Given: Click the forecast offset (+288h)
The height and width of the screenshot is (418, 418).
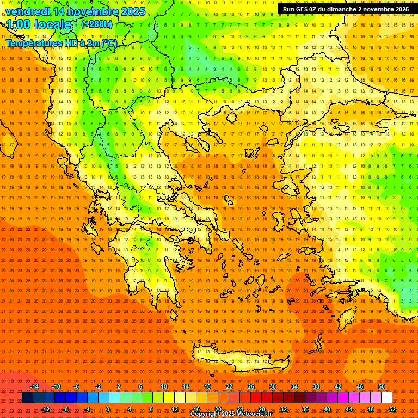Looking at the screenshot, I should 97,24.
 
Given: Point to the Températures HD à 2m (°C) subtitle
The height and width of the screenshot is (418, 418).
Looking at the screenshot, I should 61,44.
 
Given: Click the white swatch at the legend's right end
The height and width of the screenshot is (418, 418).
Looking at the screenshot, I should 386,398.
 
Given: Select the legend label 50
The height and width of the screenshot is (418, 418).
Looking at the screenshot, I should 382,386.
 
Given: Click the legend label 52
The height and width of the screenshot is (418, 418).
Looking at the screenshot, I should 392,409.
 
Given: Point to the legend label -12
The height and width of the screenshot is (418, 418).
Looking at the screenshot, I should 45,409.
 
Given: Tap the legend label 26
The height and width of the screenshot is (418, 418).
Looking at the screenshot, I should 251,386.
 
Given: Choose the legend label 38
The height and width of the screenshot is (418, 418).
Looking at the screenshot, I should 316,386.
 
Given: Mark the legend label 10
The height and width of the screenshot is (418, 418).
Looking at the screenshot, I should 164,386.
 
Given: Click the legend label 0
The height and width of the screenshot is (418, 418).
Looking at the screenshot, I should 108,409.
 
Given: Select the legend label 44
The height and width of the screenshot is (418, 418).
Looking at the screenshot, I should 349,409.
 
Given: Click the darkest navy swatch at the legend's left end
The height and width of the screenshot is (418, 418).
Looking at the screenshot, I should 27,398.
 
